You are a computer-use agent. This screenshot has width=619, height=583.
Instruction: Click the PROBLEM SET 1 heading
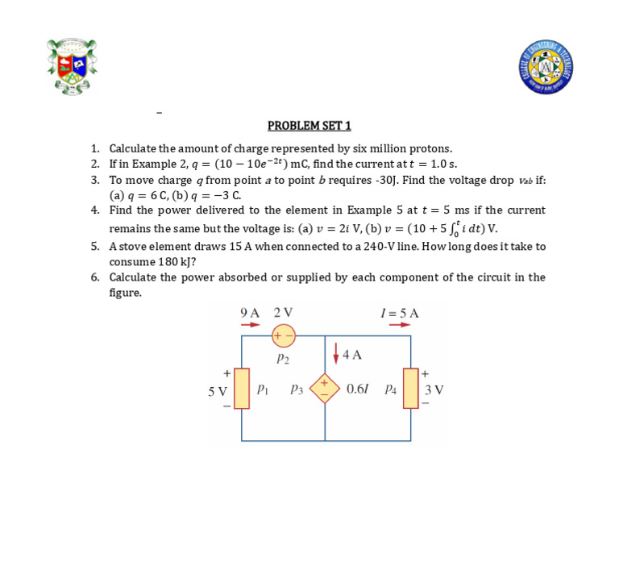click(309, 126)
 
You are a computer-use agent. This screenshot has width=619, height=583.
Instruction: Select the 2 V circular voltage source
click(284, 335)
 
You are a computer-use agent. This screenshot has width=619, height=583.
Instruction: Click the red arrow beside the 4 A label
click(336, 353)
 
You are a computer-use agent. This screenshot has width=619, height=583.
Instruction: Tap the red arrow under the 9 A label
click(250, 325)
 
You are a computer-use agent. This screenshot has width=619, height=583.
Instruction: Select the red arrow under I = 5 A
click(400, 325)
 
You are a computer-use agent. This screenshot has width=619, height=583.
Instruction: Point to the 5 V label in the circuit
click(217, 391)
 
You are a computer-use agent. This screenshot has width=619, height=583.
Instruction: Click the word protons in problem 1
click(431, 148)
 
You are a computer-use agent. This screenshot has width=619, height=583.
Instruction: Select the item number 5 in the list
click(95, 247)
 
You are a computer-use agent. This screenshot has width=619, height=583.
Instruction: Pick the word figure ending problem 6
click(125, 293)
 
